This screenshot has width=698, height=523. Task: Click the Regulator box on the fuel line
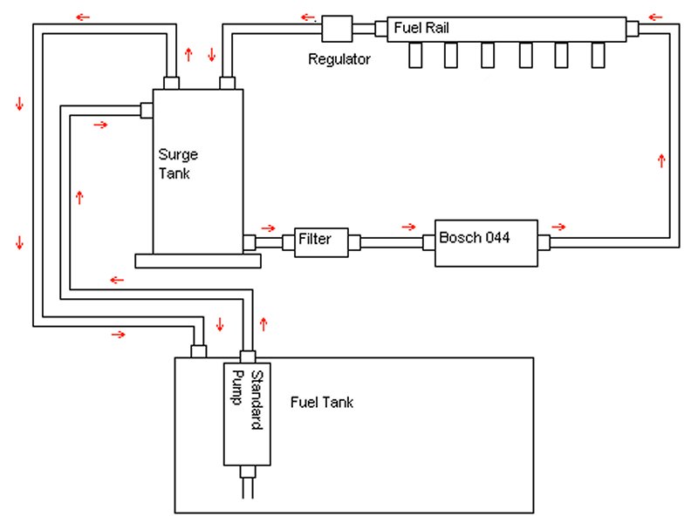(337, 29)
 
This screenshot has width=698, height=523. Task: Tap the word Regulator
(339, 59)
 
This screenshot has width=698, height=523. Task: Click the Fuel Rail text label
(421, 28)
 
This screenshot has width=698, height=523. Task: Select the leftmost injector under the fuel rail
(415, 55)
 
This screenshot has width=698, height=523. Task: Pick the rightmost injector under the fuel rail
(598, 55)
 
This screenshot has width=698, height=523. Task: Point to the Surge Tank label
(178, 164)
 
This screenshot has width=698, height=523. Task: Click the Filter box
(321, 242)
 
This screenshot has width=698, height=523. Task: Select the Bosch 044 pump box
(486, 243)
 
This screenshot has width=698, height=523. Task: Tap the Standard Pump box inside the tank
(247, 414)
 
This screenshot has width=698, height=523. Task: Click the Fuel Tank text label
(321, 403)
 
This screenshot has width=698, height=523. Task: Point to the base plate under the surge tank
(198, 261)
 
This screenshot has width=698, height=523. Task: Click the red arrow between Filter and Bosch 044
(408, 228)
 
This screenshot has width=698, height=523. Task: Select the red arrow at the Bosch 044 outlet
(558, 228)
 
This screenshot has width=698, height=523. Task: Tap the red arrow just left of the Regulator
(308, 17)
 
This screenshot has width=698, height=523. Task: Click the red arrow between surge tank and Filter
(268, 228)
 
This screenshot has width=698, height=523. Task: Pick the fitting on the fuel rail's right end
(633, 29)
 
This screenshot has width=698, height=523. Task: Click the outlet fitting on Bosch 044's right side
(544, 243)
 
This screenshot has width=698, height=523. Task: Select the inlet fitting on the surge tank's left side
(147, 111)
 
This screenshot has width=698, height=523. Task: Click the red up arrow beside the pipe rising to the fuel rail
(661, 160)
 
